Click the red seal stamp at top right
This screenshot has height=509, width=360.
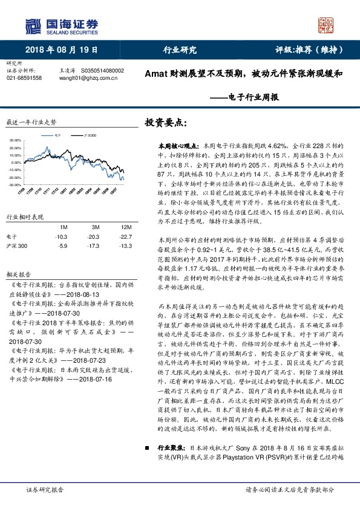(x=327, y=25)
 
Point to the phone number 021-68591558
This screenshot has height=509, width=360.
(x=24, y=78)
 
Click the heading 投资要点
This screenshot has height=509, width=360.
(x=163, y=123)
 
